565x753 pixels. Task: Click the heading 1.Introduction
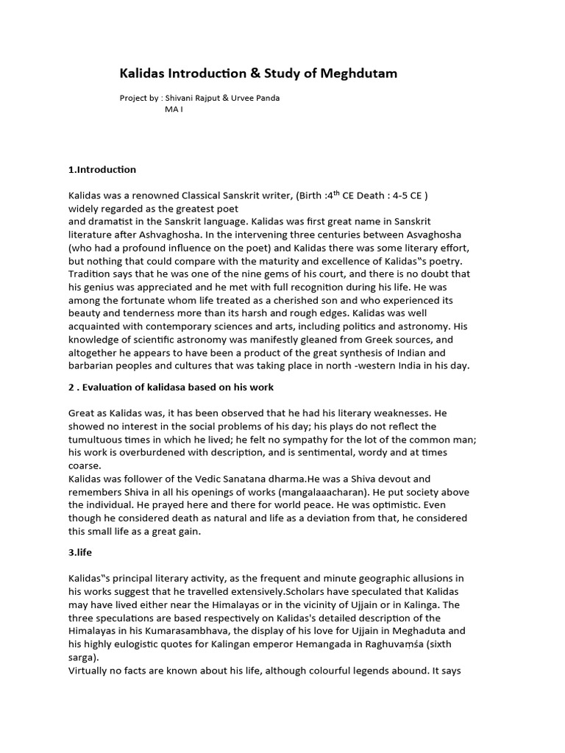click(x=102, y=169)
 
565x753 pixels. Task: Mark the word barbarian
click(x=94, y=366)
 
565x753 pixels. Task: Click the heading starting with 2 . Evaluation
click(x=171, y=388)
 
